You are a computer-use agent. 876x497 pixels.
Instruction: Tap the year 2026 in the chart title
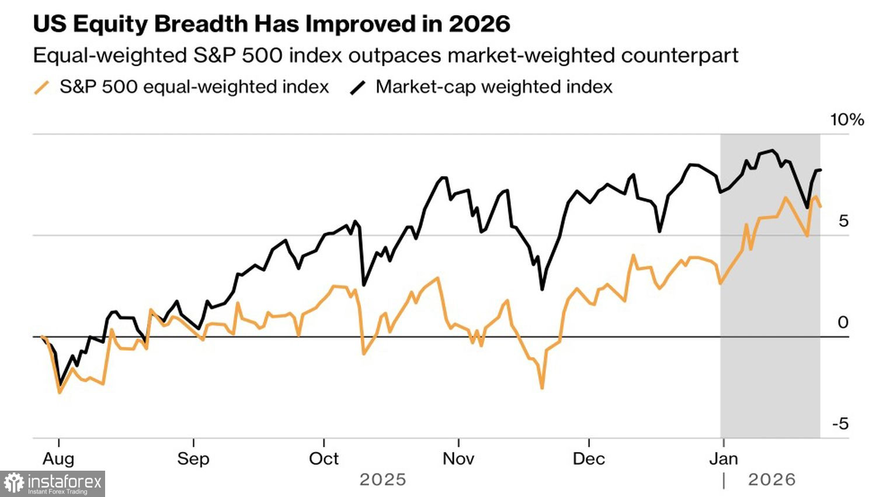tap(479, 24)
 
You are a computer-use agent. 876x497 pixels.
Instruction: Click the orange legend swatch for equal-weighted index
tap(41, 88)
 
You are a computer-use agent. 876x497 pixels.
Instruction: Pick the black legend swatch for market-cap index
tap(357, 88)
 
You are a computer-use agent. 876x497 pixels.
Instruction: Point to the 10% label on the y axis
tap(847, 120)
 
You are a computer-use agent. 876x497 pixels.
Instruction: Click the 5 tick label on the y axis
tap(843, 221)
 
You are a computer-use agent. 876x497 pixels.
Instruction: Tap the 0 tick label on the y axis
tap(843, 322)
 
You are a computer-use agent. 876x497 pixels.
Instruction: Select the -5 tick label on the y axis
tap(840, 424)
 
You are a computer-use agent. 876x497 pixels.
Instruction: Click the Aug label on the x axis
tap(58, 459)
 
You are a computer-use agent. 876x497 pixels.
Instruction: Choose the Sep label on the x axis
tap(193, 459)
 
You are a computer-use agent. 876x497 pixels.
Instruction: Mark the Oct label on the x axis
tap(324, 459)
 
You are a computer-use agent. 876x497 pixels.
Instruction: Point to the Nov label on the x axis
tap(458, 459)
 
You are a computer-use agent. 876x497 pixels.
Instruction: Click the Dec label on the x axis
tap(589, 459)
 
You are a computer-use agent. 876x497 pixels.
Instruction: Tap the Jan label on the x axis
tap(724, 459)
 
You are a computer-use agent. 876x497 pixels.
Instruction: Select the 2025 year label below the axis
tap(383, 480)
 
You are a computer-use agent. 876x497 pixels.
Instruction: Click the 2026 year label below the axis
tap(771, 480)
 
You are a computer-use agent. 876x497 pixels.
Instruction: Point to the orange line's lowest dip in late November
tap(542, 387)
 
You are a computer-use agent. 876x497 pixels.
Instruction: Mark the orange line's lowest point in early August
tap(60, 392)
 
